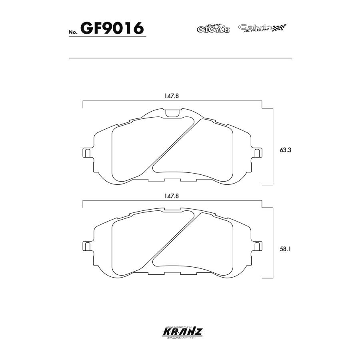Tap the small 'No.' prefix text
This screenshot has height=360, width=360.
point(73,32)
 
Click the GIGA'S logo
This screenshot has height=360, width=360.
point(213,28)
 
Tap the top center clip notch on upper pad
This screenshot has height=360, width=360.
point(172,113)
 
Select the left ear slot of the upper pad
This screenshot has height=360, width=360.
point(86,152)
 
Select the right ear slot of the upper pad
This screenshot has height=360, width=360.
point(258,152)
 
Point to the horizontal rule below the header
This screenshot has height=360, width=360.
point(180,58)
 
